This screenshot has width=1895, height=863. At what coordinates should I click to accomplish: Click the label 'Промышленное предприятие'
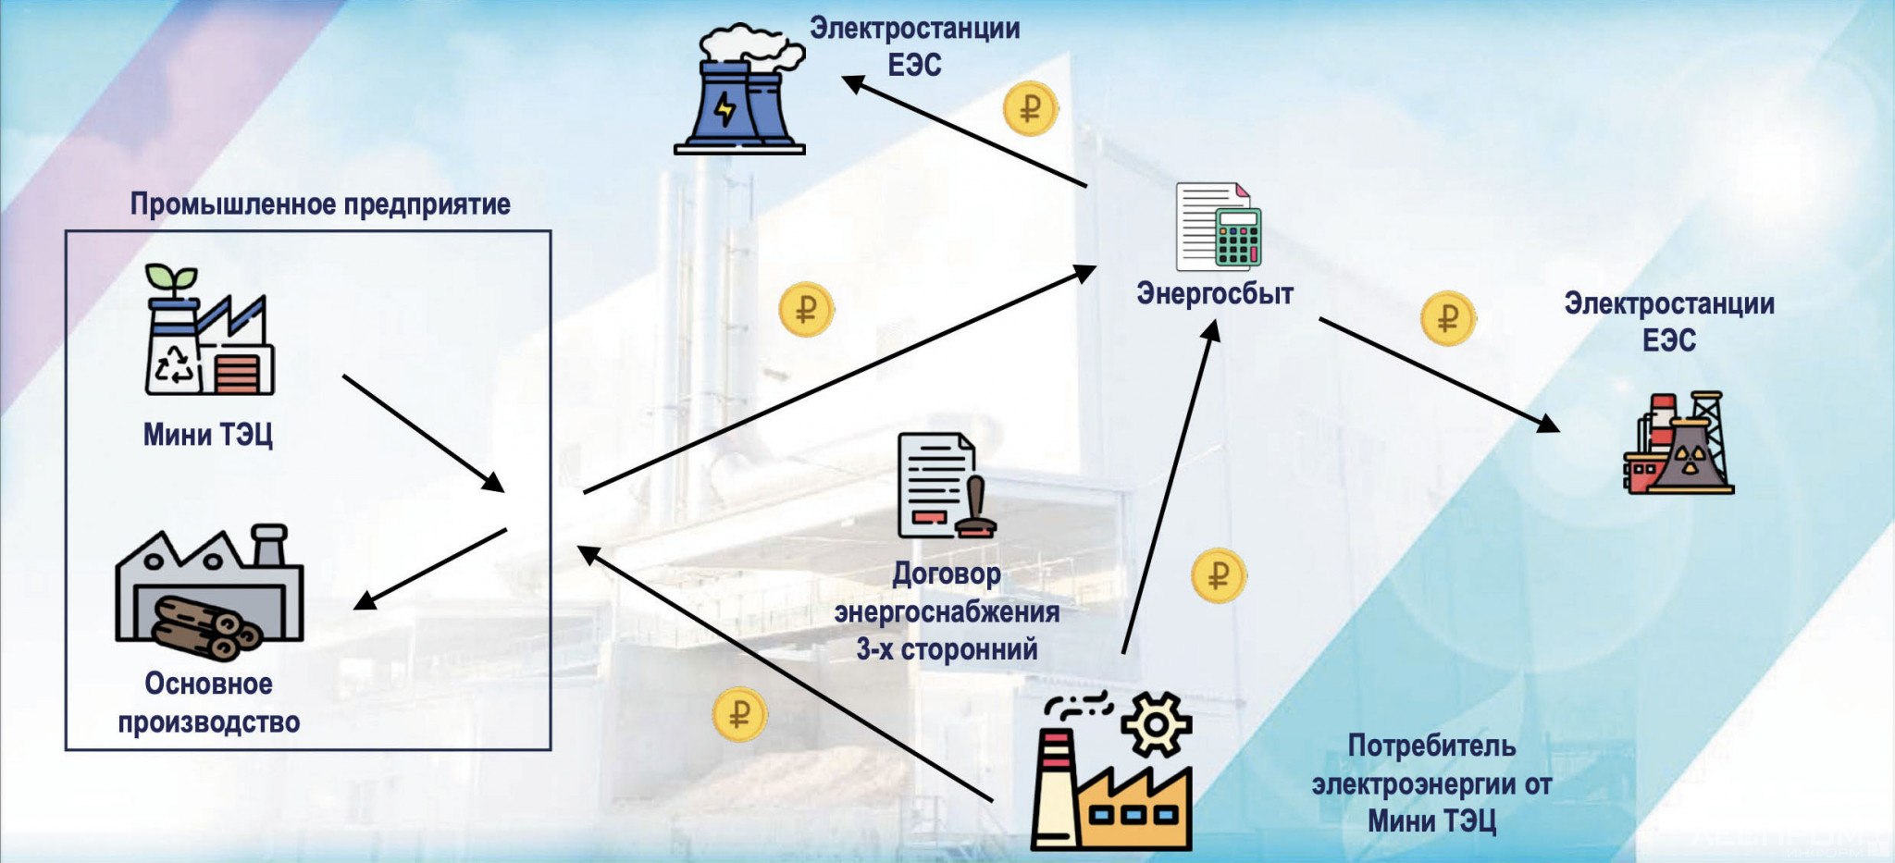319,203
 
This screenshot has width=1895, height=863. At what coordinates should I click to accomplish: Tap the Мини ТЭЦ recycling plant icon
209,333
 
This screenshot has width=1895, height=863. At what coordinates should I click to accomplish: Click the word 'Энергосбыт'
1214,294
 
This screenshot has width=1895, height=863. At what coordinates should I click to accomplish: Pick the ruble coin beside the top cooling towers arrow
1030,109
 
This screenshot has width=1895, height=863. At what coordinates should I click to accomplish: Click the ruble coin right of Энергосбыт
1447,318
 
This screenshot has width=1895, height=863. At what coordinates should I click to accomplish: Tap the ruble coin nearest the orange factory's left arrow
739,714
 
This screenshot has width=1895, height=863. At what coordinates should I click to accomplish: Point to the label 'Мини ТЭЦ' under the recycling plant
207,435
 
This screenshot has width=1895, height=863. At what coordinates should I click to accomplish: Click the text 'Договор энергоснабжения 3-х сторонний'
947,611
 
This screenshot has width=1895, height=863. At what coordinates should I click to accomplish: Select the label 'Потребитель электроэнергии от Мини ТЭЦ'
1431,783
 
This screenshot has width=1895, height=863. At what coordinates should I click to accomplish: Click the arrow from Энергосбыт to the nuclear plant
1439,375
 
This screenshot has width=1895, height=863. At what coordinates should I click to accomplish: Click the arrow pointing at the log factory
431,569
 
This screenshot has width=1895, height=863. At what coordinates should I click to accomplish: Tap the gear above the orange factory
1156,722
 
